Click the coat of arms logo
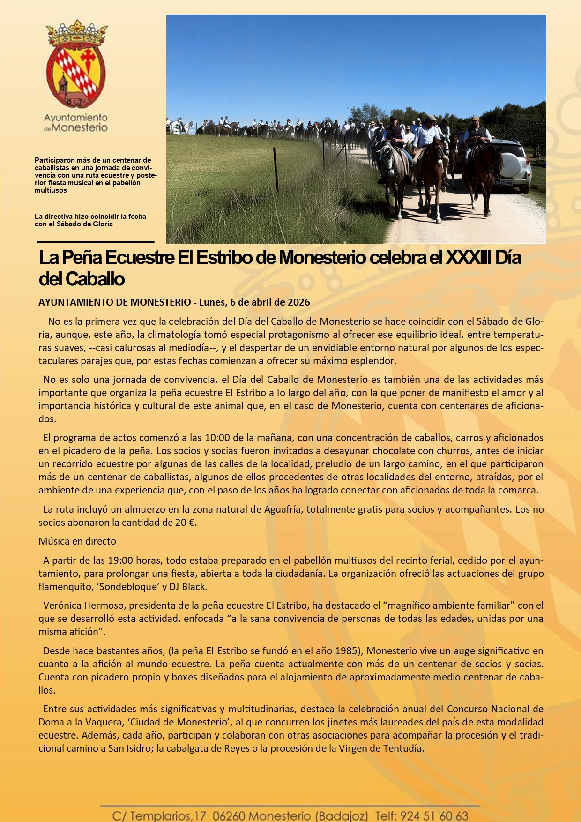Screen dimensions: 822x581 point(76,65)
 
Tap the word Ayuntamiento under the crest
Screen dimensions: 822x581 point(76,118)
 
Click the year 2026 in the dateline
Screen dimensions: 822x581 point(299,302)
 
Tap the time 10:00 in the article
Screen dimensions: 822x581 point(217,438)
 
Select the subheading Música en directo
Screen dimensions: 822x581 point(77,541)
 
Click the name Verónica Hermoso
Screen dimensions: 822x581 point(80,605)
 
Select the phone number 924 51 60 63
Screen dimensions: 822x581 point(434,816)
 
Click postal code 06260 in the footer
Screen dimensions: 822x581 point(228,816)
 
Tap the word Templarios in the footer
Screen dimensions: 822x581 point(160,816)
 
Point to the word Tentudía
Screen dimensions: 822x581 point(403,748)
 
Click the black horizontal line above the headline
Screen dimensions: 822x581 point(96,242)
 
